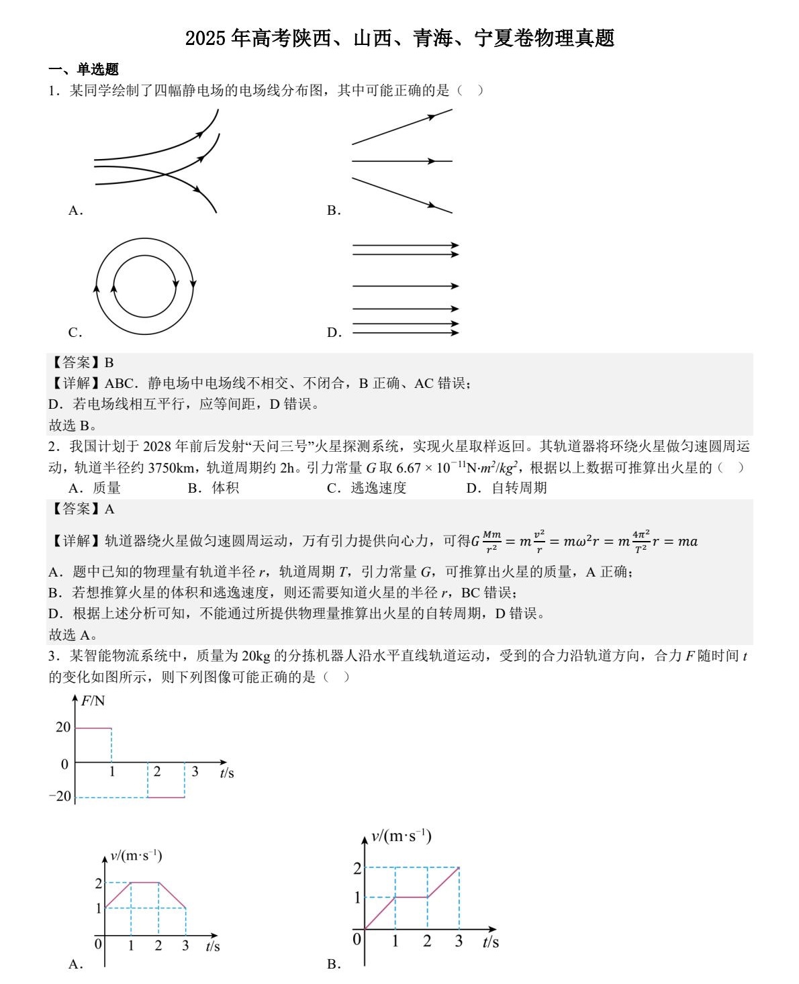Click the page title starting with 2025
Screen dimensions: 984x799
tap(399, 38)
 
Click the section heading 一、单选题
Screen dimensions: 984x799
tap(83, 69)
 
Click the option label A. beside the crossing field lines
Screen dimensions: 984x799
tap(75, 211)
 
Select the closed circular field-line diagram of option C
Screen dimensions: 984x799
tap(145, 286)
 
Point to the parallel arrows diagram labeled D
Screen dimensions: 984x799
tap(406, 289)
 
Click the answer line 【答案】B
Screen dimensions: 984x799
tap(81, 362)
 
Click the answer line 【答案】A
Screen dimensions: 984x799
tap(81, 509)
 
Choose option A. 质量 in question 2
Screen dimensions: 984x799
tap(95, 488)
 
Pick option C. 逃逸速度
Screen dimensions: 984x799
tap(367, 488)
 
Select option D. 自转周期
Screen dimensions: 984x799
tap(506, 488)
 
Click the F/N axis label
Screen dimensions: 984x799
tap(93, 701)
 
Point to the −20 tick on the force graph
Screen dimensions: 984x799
tap(60, 796)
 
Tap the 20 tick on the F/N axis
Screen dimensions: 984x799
tap(63, 727)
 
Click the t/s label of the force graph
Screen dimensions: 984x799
tap(227, 773)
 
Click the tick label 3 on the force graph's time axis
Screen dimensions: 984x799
tap(195, 772)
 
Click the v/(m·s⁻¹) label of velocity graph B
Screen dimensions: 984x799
tap(401, 836)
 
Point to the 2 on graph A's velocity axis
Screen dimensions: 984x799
tap(99, 883)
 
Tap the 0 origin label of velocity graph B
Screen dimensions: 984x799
tap(357, 939)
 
